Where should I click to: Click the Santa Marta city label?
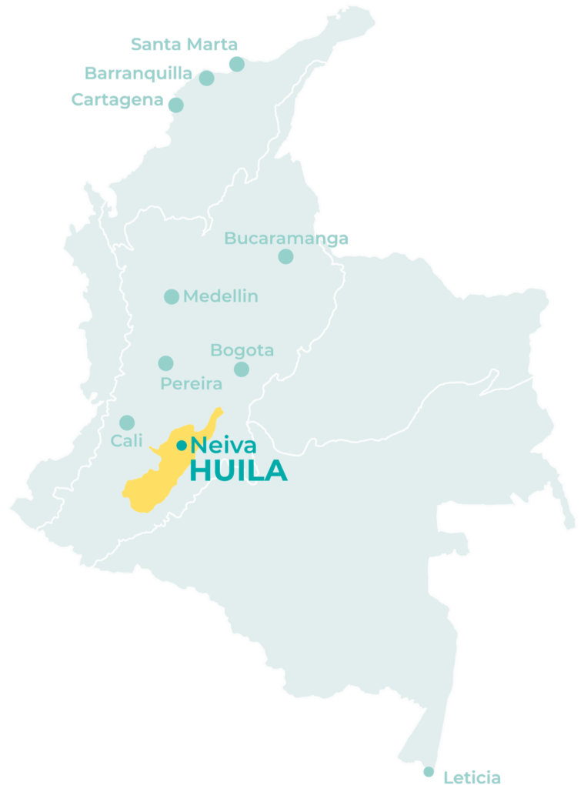point(184,45)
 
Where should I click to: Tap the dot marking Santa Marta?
point(237,64)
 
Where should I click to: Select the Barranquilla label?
point(138,74)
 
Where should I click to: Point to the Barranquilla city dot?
point(206,78)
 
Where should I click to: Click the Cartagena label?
point(117,99)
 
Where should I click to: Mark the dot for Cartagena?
point(176,105)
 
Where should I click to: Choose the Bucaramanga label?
point(286,239)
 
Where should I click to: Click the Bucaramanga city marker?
point(285,256)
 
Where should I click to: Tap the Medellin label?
point(221,296)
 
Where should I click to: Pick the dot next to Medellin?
point(172,296)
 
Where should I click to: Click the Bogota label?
point(242,351)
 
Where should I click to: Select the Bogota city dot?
point(242,369)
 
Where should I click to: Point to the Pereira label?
point(191,383)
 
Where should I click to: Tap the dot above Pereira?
point(165,363)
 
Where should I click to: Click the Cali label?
point(127,441)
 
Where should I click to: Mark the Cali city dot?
point(127,423)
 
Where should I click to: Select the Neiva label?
point(224,445)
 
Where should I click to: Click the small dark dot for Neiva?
point(182,445)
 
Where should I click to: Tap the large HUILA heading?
point(239,471)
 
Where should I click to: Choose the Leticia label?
point(472,777)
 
